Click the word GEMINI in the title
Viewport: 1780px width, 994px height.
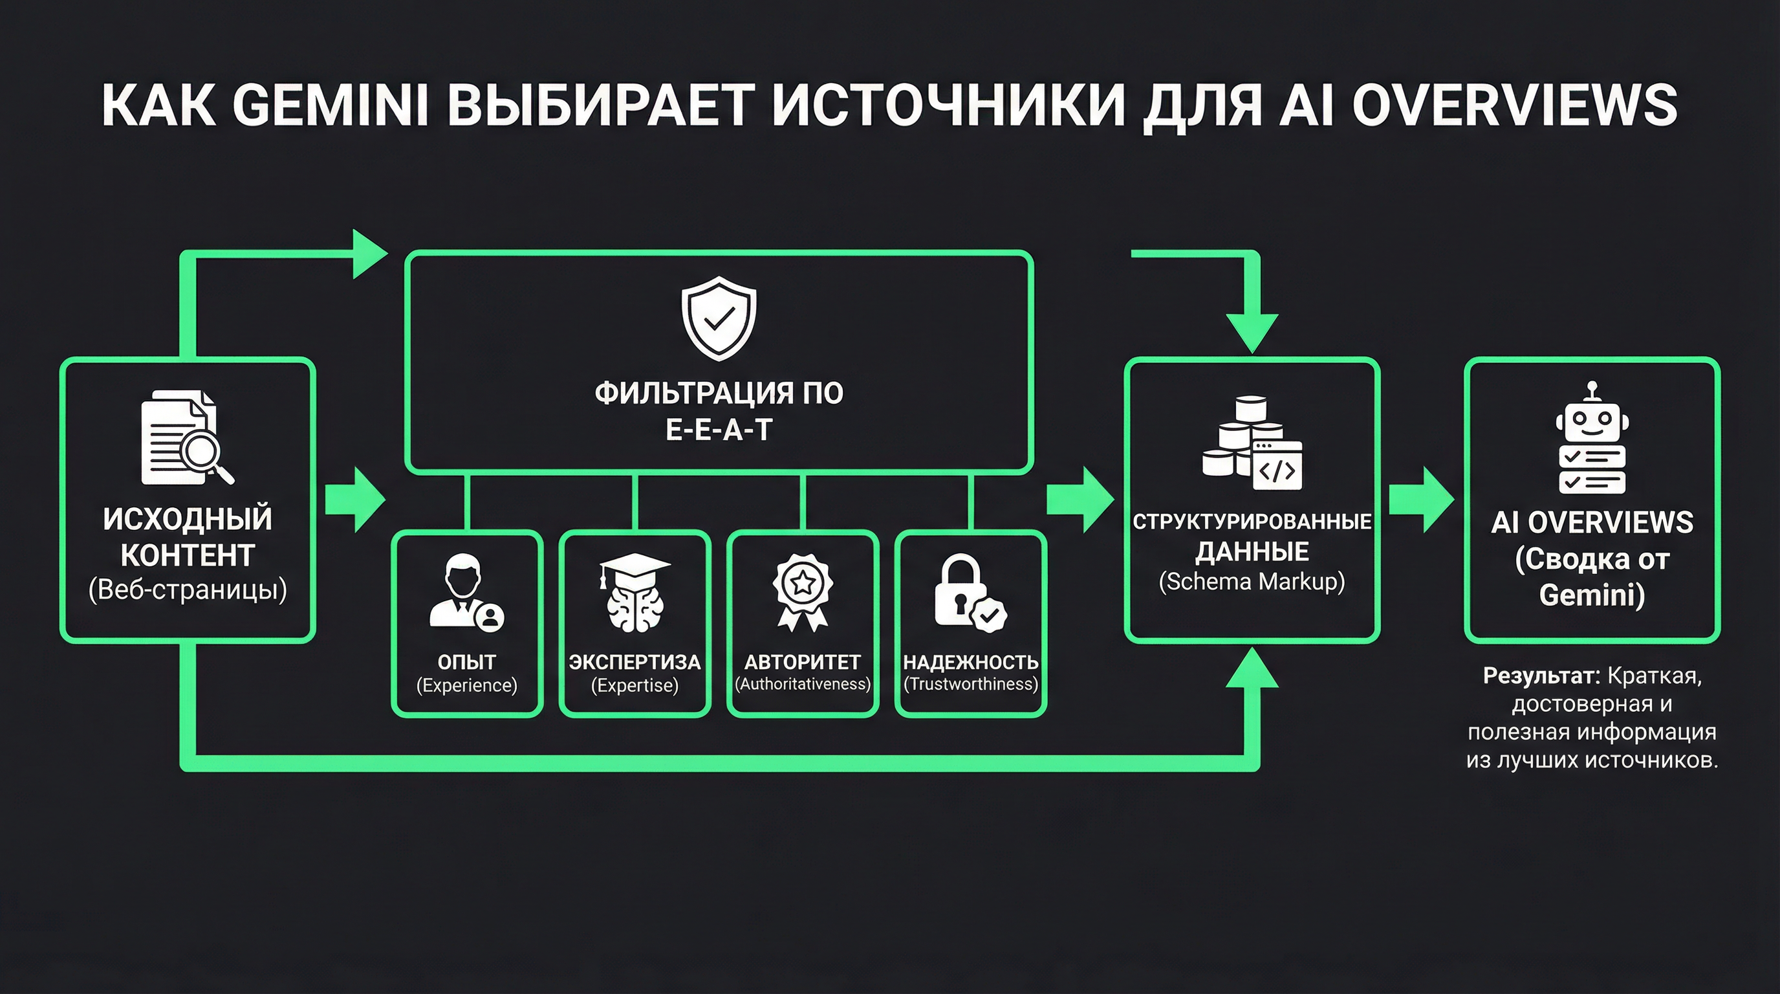point(331,105)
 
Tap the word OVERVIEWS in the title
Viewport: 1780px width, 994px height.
point(1514,105)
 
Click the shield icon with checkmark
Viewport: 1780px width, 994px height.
point(719,318)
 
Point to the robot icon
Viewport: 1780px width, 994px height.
point(1592,438)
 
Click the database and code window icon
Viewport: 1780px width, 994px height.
point(1252,444)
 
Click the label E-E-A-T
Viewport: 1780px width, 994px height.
point(719,430)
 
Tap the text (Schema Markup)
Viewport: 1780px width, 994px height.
point(1252,581)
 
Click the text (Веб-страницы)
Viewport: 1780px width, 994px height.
point(188,590)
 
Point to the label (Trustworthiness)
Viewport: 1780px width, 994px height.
point(971,683)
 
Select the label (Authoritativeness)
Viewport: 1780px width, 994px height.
point(802,683)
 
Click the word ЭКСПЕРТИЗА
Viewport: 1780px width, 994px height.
point(635,661)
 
